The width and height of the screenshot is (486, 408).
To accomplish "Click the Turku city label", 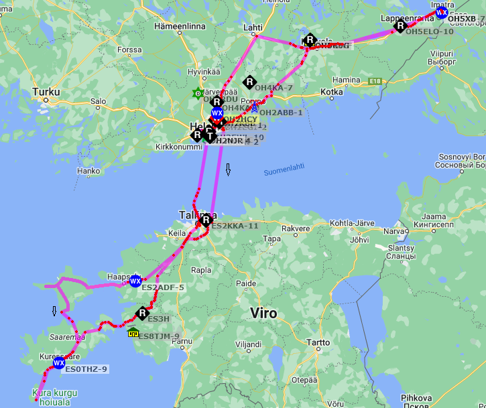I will point(46,92).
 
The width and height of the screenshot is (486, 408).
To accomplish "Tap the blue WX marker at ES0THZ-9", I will point(59,363).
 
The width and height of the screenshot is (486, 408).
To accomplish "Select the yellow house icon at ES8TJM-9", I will point(133,332).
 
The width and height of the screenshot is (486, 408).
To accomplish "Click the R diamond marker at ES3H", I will point(142,313).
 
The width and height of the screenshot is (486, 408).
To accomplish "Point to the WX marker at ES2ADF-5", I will point(135,281).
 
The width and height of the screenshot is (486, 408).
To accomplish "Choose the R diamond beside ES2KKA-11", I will point(206,219).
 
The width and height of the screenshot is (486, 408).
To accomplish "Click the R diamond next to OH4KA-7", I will point(249,82).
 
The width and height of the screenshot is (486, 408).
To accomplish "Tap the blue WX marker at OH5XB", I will point(441,12).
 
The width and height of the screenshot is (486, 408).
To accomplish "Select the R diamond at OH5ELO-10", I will point(400,26).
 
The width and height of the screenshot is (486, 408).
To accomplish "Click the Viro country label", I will point(263,313).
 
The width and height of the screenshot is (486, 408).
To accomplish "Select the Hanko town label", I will point(88,171).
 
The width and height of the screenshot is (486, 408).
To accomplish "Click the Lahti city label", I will point(253,27).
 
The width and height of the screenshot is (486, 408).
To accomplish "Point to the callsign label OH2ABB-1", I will point(281,113).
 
